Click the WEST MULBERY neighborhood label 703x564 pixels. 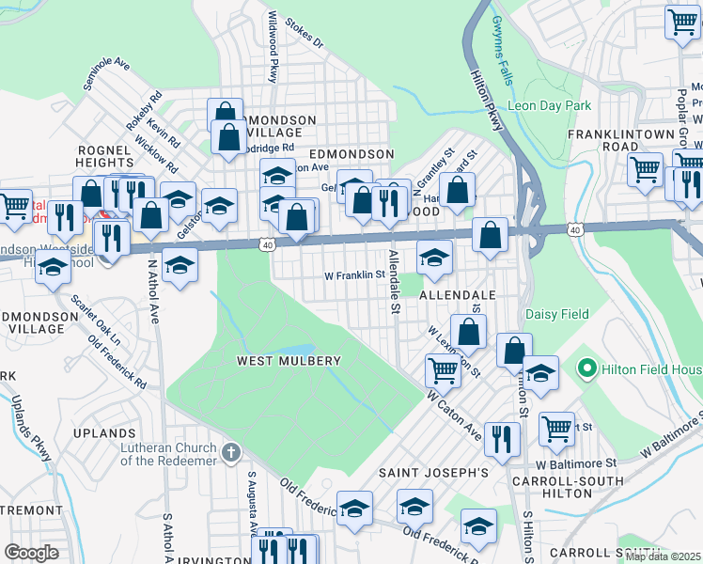coord(289,361)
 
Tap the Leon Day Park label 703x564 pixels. coord(549,105)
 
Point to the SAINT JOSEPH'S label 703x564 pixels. coord(433,472)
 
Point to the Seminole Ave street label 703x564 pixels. coord(106,73)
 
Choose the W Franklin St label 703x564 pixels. coord(355,276)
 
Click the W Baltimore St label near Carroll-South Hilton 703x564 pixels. coord(576,462)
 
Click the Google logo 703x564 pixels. coord(31,553)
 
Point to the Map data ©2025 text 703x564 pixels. coord(663,556)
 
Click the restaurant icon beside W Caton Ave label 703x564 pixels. coord(504,436)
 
